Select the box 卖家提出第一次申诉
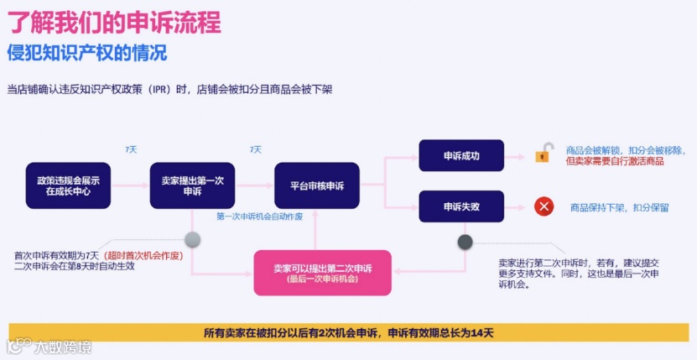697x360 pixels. click(x=192, y=185)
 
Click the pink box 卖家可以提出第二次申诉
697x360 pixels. click(x=323, y=273)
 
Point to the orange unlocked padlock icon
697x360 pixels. click(x=544, y=154)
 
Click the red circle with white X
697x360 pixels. click(x=544, y=206)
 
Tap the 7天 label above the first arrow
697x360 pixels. click(x=130, y=149)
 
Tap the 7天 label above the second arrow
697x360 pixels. click(x=255, y=149)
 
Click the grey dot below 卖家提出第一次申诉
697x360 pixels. click(x=192, y=239)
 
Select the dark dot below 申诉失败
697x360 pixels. click(x=465, y=242)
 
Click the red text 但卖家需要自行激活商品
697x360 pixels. click(x=615, y=161)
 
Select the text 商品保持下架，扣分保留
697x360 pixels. click(x=619, y=207)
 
